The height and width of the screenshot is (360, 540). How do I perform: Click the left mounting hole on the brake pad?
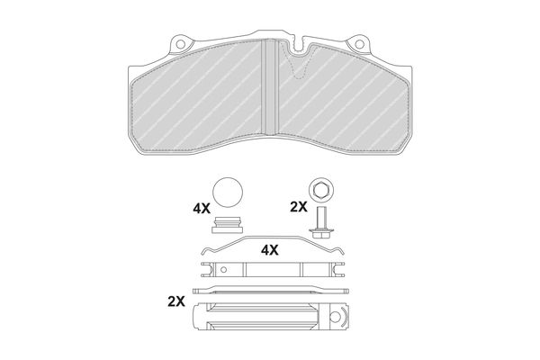pyautogui.click(x=180, y=44)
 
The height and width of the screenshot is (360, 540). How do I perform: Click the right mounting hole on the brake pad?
pyautogui.click(x=359, y=44)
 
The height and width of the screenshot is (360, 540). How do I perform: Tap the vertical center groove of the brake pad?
pyautogui.click(x=270, y=86)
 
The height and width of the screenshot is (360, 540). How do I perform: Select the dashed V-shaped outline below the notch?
pyautogui.click(x=298, y=66)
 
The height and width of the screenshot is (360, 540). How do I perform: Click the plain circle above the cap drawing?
pyautogui.click(x=228, y=193)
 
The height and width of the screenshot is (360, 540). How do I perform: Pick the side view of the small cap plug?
pyautogui.click(x=228, y=225)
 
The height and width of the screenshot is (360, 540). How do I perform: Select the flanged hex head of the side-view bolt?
pyautogui.click(x=322, y=232)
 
